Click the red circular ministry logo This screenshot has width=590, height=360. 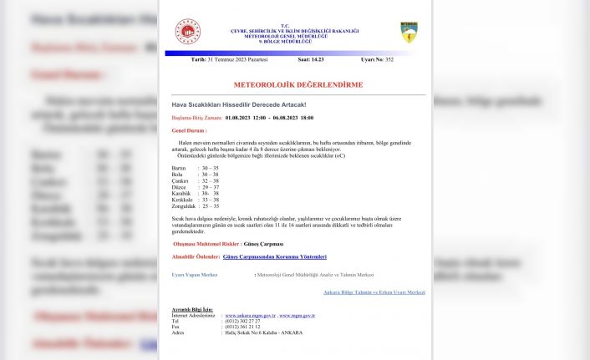click(187, 32)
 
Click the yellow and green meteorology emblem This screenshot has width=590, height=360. click(409, 33)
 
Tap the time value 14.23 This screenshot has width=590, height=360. click(316, 60)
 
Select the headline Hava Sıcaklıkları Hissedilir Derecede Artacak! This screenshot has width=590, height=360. click(238, 104)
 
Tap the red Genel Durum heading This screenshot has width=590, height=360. click(189, 131)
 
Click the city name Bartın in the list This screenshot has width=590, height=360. click(179, 168)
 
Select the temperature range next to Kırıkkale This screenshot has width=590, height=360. click(210, 199)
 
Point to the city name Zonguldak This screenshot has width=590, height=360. click(184, 205)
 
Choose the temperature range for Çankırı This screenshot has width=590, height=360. click(210, 180)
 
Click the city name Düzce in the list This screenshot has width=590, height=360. click(179, 186)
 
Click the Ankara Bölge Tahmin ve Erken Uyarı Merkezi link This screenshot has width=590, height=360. click(374, 292)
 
